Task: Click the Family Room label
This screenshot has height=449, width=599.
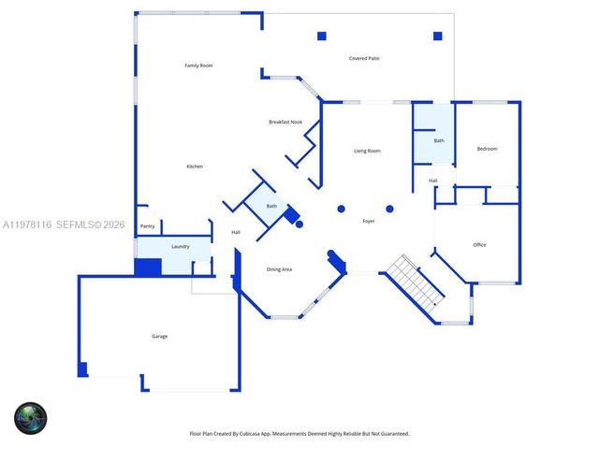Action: point(198,65)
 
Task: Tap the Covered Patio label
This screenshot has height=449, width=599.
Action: point(364,58)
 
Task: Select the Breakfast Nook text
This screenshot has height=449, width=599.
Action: point(285,122)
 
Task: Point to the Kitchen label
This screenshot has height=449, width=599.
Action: point(195,167)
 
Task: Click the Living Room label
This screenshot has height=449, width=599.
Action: point(367,151)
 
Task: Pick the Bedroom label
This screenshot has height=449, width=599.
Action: point(487,149)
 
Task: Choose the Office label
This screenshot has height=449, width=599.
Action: point(479,245)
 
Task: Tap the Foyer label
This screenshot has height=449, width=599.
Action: point(369,221)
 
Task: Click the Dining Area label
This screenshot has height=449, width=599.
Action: point(279,269)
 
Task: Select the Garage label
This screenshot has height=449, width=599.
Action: point(160,336)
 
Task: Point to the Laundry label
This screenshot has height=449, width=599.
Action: point(181,247)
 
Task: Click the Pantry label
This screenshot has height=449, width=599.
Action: point(147,226)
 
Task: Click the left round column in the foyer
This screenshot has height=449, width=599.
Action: point(342,209)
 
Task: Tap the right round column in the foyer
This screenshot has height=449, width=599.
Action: point(390,209)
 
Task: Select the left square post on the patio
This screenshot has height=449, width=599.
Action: point(321,36)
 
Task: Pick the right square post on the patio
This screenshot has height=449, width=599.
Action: point(437,36)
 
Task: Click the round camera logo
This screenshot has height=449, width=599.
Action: point(30,417)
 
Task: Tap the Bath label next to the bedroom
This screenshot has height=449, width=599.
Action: point(439,140)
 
